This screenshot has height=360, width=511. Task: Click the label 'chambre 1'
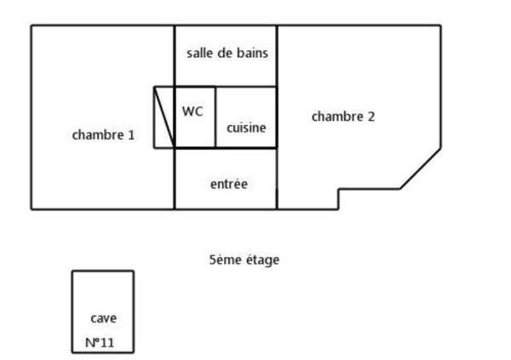(103, 134)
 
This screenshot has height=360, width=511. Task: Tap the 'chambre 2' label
(343, 117)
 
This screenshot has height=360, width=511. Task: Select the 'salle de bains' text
(227, 53)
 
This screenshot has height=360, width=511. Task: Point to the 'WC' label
(193, 111)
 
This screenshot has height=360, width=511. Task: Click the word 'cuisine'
(246, 129)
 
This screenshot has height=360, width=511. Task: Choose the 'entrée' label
(228, 184)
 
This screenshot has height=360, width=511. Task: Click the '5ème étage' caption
(244, 260)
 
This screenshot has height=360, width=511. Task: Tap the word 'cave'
(103, 318)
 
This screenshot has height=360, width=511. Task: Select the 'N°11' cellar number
(100, 343)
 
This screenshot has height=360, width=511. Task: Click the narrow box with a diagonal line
(164, 117)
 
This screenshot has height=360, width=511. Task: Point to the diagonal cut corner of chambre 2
(421, 169)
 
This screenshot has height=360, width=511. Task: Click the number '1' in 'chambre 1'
(131, 134)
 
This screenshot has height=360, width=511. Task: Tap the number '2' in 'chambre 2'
(370, 117)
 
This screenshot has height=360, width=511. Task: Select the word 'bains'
(253, 53)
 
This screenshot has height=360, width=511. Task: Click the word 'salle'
(199, 53)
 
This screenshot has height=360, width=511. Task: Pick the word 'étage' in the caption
(261, 260)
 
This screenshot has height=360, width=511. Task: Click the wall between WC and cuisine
(215, 117)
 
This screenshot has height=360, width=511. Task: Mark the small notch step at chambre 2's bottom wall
(339, 198)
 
